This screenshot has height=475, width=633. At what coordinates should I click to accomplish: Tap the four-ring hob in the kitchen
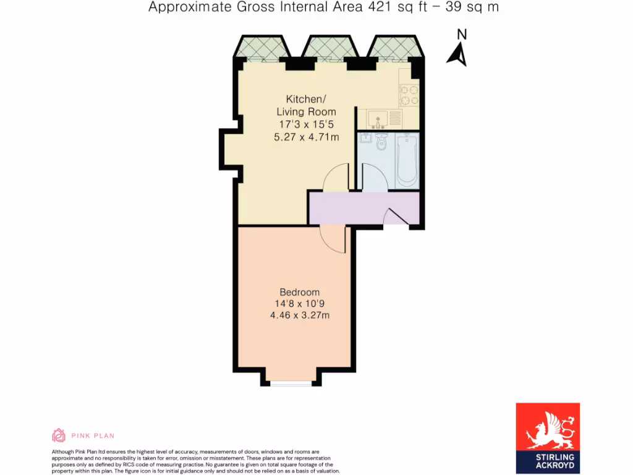(x=409, y=95)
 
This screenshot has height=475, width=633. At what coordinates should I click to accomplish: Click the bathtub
(x=407, y=160)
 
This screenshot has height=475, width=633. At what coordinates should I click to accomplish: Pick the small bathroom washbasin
(x=365, y=137)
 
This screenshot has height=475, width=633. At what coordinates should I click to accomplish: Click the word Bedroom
(x=300, y=293)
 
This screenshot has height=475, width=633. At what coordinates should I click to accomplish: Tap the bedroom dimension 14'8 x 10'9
(x=300, y=304)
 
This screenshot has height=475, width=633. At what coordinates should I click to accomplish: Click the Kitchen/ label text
(x=304, y=99)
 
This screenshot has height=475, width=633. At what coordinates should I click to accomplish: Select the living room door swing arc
(x=336, y=179)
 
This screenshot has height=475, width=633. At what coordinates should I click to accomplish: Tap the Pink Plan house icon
(x=59, y=435)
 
